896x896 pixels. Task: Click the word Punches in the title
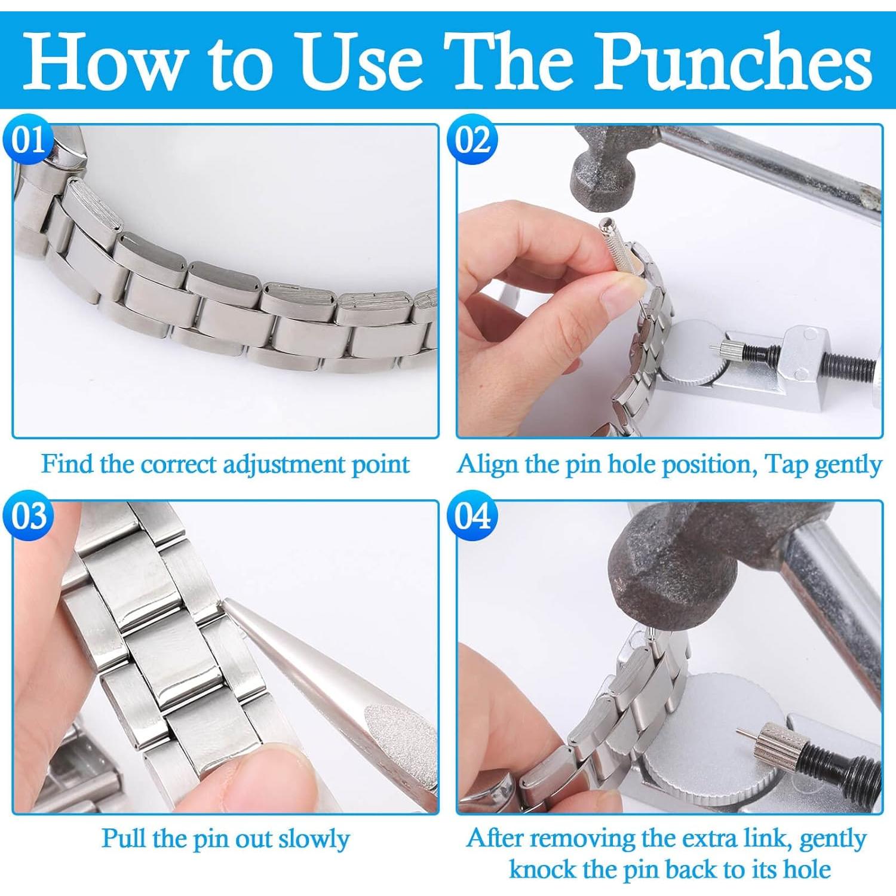(735, 62)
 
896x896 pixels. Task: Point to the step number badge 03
(28, 515)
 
